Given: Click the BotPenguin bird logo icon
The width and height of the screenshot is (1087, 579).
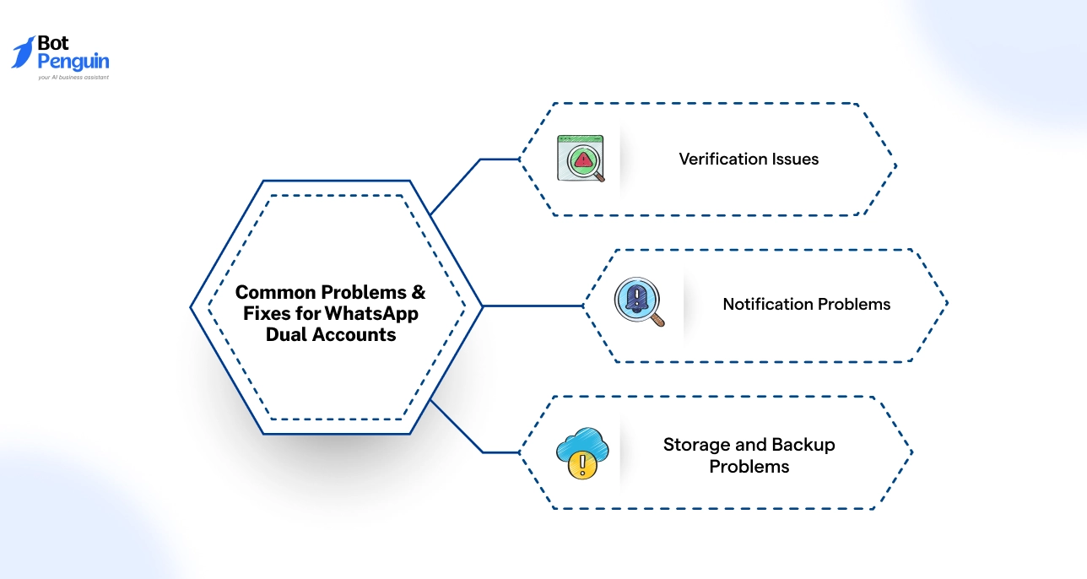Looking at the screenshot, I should coord(24,52).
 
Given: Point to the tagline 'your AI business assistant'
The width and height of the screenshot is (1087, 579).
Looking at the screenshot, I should coord(73,78).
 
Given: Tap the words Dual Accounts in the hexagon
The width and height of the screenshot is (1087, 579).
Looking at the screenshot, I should coord(330,334).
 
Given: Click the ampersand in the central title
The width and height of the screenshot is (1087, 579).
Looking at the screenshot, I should coord(417,292).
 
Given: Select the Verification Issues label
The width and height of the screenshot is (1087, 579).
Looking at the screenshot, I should coord(749,159).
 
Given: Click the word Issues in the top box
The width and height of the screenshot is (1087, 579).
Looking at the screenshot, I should coord(795,159).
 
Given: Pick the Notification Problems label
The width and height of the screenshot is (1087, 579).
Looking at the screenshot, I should coord(806,304).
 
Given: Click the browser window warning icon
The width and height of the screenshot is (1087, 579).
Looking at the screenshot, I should coord(581,158).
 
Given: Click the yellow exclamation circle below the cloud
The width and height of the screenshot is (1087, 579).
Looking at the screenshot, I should coord(578,465).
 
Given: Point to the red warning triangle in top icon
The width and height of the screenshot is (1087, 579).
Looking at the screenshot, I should coord(581,160).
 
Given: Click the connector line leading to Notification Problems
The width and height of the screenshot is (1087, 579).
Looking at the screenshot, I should coord(532,306).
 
